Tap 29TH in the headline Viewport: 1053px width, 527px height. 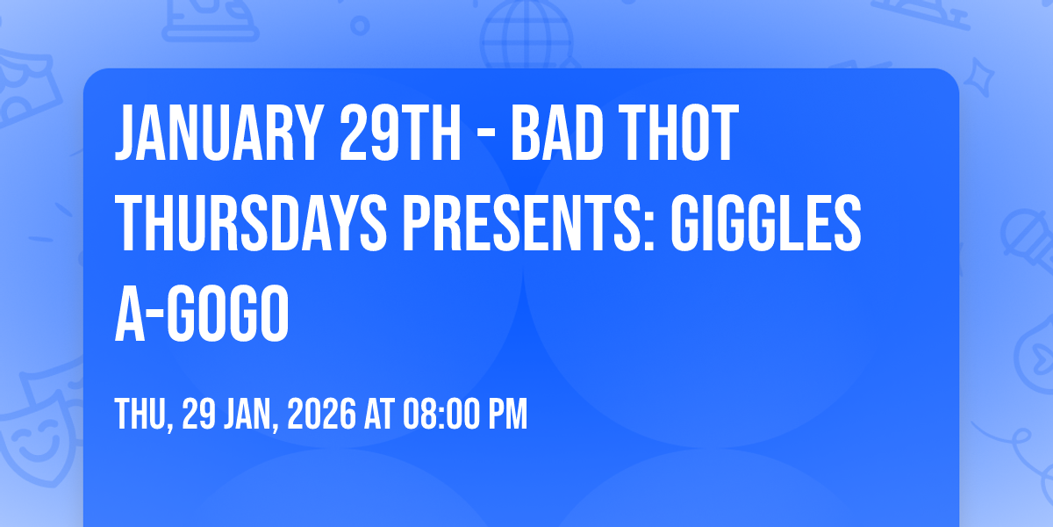(x=400, y=134)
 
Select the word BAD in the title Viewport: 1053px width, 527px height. (x=557, y=134)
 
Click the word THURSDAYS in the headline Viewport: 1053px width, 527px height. (x=251, y=223)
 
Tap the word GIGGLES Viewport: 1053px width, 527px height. (x=766, y=223)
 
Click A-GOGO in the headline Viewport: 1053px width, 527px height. (x=202, y=314)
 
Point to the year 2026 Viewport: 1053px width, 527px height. (x=321, y=414)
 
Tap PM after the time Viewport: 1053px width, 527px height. (x=508, y=414)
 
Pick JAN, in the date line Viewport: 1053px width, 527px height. (x=251, y=415)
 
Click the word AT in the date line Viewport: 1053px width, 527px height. (x=379, y=414)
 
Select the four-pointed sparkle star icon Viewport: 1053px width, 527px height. (x=979, y=77)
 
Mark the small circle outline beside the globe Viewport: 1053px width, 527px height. (x=360, y=25)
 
